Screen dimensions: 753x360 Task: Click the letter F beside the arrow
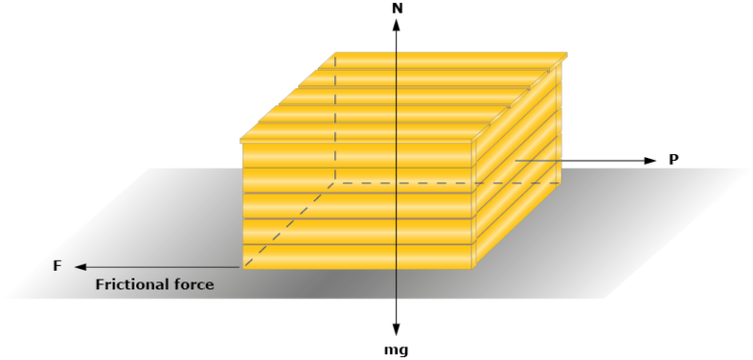point(56,266)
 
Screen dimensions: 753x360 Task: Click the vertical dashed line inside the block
point(336,118)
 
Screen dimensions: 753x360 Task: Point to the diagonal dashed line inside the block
point(289,225)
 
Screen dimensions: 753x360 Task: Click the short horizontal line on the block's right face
point(537,160)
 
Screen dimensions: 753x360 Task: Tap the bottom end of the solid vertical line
point(396,296)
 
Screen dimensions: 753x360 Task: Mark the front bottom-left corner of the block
point(242,268)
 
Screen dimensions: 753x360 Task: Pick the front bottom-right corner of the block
point(474,268)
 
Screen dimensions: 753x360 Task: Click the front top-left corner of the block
point(242,139)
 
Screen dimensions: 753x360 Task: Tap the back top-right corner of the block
point(567,53)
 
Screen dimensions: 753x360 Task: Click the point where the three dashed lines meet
point(336,182)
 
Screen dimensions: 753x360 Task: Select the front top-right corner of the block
point(474,139)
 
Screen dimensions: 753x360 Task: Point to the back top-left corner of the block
point(336,53)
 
